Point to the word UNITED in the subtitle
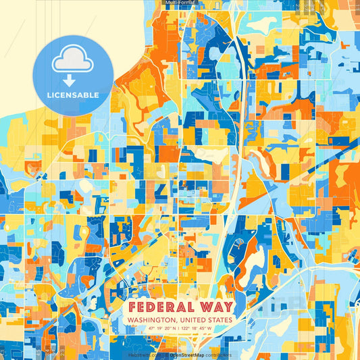[190, 320]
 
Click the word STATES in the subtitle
[219, 320]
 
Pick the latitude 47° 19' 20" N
[155, 328]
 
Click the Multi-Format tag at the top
[180, 3]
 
